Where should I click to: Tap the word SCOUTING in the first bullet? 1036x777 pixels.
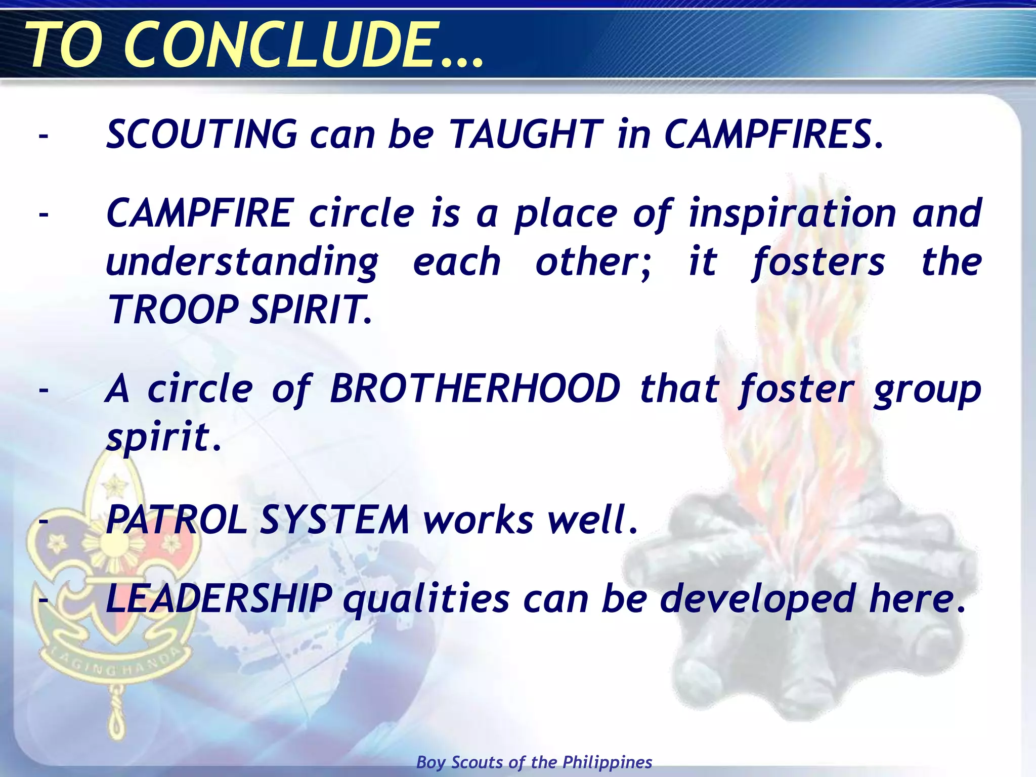pos(202,135)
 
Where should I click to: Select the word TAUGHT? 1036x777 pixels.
pos(527,135)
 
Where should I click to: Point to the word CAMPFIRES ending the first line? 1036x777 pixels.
pos(774,135)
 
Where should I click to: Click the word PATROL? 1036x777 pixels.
pos(177,520)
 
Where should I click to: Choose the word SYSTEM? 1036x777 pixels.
pos(334,520)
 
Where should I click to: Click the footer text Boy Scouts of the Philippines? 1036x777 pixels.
pos(534,762)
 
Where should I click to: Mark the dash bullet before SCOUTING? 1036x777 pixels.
pos(44,136)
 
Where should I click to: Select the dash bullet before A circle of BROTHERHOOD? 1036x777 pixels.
pos(44,390)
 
